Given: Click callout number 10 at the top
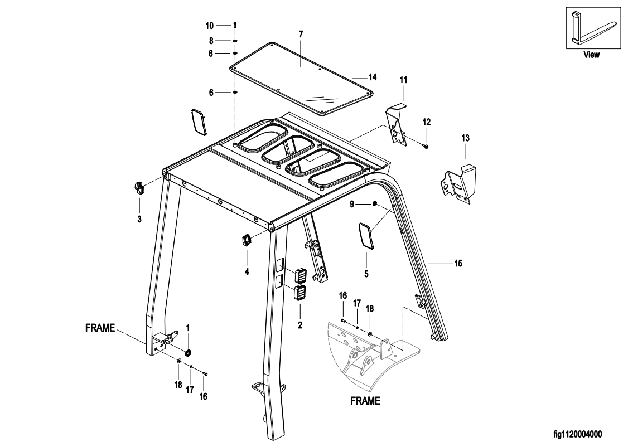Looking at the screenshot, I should pos(209,26).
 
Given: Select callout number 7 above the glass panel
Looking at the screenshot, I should pos(301,35).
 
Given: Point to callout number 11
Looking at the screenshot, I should pos(403,81).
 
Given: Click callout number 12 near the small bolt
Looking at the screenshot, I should pos(427,122).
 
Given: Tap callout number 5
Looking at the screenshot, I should pos(366,273).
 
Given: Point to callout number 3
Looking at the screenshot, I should pos(139,219).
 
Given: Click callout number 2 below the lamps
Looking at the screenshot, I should pos(300,323).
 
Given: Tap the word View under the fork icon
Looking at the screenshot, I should pos(591,55).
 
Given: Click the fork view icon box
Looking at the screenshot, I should pos(591,28).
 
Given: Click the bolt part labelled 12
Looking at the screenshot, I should pos(426,146).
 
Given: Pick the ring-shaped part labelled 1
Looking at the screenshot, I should pos(188,352).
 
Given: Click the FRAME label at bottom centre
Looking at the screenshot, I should pos(365,401).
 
